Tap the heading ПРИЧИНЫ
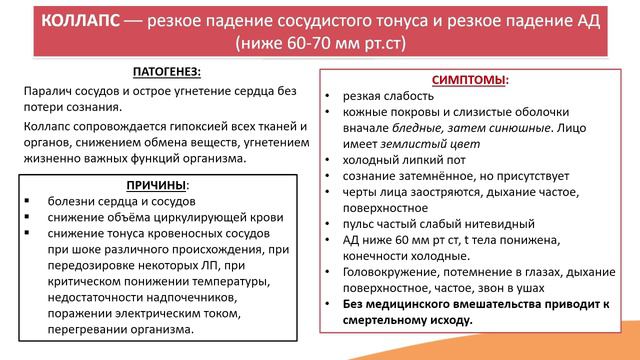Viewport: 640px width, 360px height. click(156, 185)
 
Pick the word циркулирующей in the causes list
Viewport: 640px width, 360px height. click(209, 217)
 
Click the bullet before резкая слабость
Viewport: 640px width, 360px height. click(329, 96)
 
